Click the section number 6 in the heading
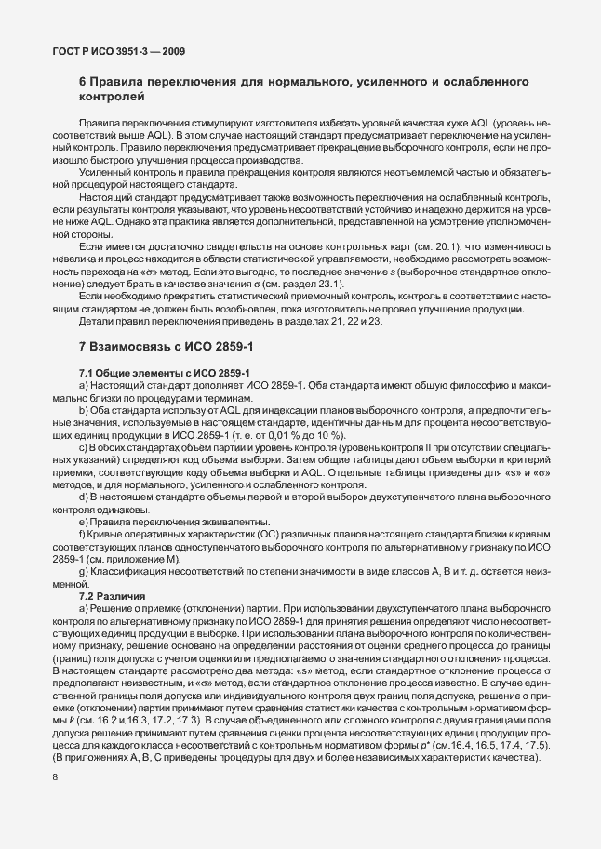pos(83,84)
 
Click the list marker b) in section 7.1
pos(85,412)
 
